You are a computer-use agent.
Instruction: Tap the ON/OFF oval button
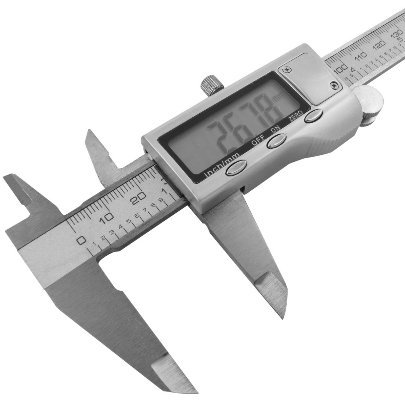point(276,140)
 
